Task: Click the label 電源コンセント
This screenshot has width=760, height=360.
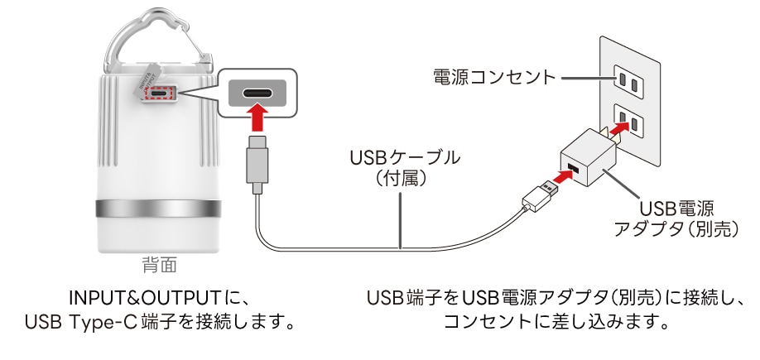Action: coord(493,79)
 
